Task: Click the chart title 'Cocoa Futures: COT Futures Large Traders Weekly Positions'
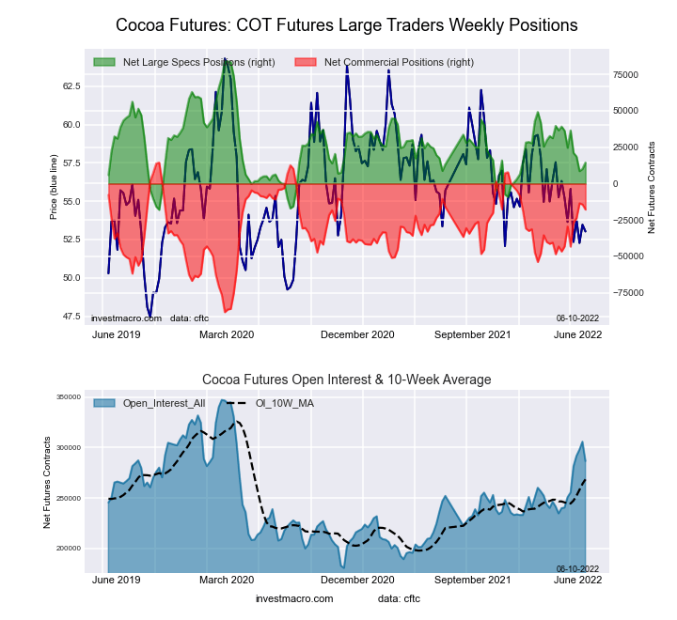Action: pyautogui.click(x=346, y=24)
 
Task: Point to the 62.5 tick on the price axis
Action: pyautogui.click(x=71, y=85)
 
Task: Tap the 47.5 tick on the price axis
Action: pyautogui.click(x=71, y=316)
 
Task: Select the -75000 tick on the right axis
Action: pyautogui.click(x=627, y=292)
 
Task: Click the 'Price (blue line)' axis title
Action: pyautogui.click(x=54, y=188)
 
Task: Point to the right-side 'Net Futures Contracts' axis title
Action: pyautogui.click(x=652, y=188)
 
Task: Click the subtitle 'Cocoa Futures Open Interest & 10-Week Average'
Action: pyautogui.click(x=346, y=380)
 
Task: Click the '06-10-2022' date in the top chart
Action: pyautogui.click(x=577, y=318)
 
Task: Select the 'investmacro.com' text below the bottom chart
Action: pyautogui.click(x=294, y=598)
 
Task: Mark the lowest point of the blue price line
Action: pyautogui.click(x=150, y=317)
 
